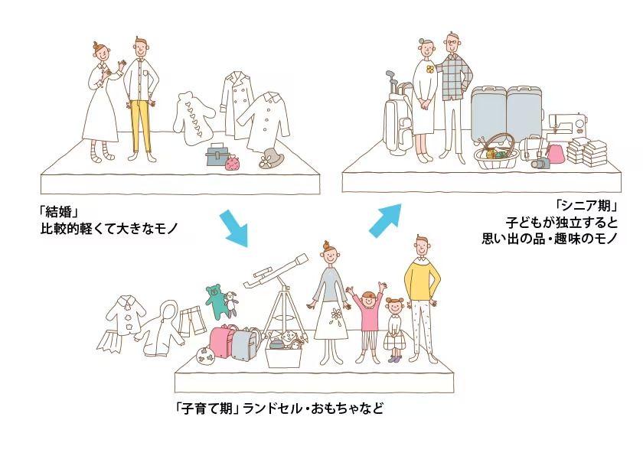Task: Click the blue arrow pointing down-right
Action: [234, 229]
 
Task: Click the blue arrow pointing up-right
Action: [384, 220]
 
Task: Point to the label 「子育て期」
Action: [208, 409]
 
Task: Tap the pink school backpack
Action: [223, 341]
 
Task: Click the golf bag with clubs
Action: [397, 117]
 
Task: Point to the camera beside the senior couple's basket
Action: [541, 162]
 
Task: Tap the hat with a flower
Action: [269, 158]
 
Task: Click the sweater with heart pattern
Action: [193, 119]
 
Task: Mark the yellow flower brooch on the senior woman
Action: [429, 69]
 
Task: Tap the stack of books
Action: [587, 152]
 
